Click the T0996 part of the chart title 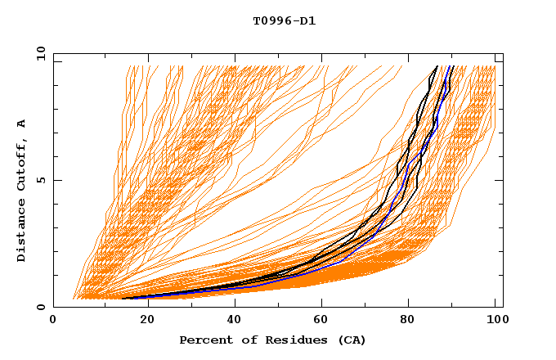267,20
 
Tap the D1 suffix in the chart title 306,20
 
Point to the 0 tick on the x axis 54,321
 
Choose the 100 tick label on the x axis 496,321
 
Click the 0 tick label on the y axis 41,308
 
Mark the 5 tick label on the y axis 41,180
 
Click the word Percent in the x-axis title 204,340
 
